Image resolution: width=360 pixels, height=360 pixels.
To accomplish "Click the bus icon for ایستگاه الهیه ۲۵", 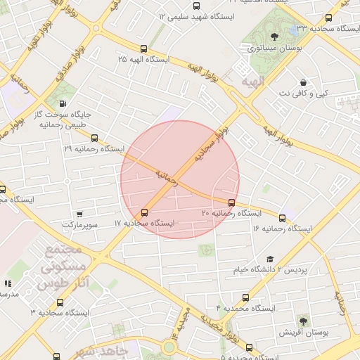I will pos(144,49).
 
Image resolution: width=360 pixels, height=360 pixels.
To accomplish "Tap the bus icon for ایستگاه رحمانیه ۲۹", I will pos(95,139).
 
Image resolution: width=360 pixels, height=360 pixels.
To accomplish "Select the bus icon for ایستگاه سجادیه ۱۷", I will pos(145,212).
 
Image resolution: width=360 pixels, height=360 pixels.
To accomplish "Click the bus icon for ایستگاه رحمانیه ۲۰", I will pos(232,202).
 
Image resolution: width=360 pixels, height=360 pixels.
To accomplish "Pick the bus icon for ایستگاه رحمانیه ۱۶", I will pos(283,219).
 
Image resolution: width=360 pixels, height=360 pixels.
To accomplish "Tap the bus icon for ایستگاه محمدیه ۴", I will pos(245,297).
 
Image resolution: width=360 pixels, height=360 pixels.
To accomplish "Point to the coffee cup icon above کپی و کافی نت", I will pos(303,82).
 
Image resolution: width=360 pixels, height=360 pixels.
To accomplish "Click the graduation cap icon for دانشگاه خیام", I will pos(271,258).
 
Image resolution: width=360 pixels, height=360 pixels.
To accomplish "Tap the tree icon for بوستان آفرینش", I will pos(303,320).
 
